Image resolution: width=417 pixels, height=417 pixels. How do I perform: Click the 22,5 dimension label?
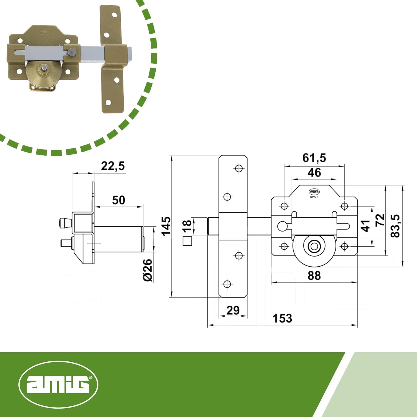113,166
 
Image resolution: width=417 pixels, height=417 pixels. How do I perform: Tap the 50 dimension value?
118,200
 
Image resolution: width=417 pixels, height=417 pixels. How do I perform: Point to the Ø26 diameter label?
148,270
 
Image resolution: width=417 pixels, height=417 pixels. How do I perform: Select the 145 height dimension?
166,226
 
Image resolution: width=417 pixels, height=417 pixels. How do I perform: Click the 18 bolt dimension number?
187,226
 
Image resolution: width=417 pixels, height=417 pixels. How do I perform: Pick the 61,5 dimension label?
314,158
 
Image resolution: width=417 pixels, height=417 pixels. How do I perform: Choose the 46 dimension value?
314,173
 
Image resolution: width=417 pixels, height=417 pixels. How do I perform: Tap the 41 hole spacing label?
365,225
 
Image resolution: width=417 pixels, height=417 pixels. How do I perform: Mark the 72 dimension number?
380,220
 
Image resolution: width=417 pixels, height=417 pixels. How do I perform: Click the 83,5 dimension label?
395,226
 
